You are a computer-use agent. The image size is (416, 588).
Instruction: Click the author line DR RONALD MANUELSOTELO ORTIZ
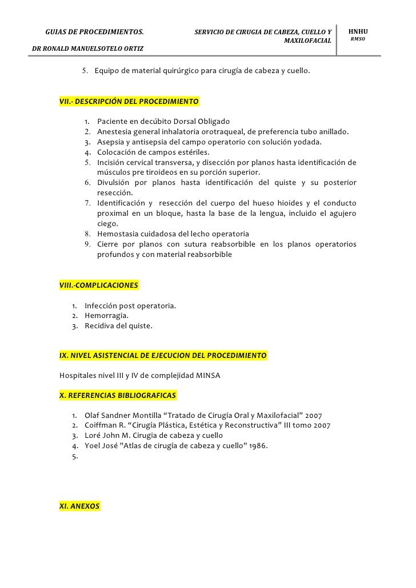88,49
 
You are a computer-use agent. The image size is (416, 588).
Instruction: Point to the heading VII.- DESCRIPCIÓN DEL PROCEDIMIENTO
129,102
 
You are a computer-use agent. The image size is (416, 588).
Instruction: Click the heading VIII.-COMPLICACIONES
99,285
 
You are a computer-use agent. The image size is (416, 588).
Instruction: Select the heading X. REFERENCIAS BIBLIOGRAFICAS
118,395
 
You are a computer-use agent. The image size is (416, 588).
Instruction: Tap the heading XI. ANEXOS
79,506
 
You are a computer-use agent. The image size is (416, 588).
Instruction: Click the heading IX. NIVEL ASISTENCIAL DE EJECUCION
163,356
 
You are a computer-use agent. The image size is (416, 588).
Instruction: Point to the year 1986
255,446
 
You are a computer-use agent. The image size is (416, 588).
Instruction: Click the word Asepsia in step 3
112,142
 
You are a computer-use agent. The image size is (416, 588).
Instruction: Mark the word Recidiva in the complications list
101,327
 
